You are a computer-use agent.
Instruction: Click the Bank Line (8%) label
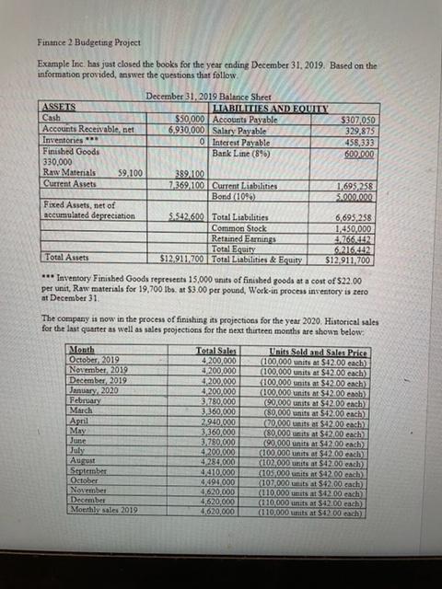(x=242, y=148)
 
